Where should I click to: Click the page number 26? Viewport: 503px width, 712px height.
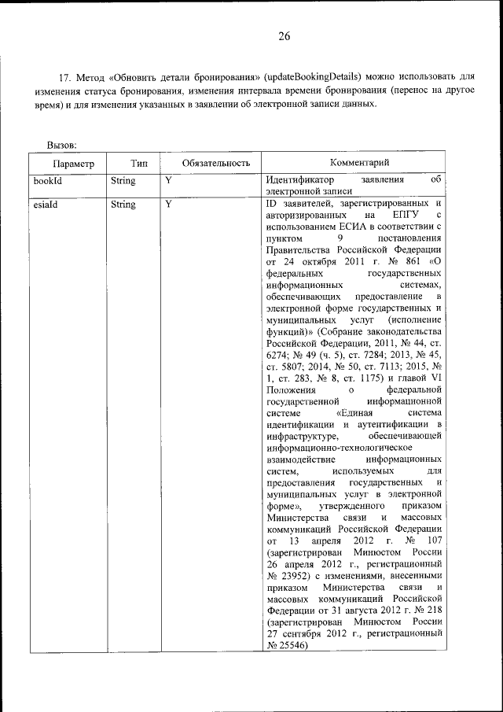coord(284,36)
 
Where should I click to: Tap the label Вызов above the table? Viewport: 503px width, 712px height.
coord(61,145)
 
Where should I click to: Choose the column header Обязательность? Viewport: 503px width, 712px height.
coord(215,163)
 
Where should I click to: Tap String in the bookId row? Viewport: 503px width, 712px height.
coord(123,181)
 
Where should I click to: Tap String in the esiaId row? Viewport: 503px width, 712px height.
coord(123,205)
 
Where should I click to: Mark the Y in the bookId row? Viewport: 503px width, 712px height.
coord(168,181)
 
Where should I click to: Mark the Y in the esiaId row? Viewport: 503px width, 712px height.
coord(168,205)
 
